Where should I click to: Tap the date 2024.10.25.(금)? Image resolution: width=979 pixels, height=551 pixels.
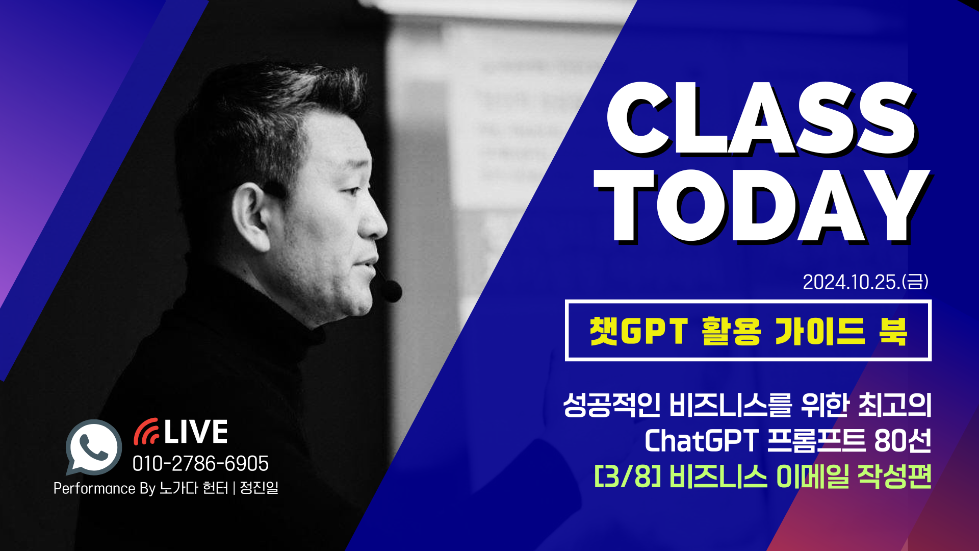point(865,282)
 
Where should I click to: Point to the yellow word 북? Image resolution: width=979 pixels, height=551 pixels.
point(893,332)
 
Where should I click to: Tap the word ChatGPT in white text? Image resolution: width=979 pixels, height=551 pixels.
point(702,441)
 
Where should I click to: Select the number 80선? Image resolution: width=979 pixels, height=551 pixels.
point(902,441)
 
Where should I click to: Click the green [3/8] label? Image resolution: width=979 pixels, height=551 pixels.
point(628,477)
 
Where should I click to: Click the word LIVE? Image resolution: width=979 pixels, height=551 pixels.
point(196,432)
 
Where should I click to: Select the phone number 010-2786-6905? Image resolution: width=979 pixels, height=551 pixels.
point(200,464)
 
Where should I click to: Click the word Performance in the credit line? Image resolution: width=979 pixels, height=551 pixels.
point(94,489)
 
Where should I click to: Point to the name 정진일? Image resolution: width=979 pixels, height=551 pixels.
point(259,488)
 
